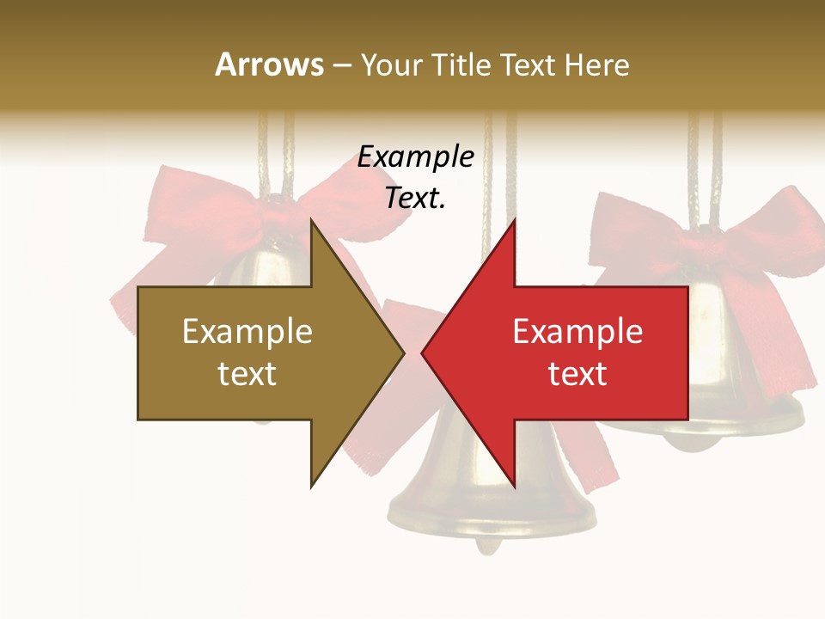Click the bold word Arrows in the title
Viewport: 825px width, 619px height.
pyautogui.click(x=269, y=64)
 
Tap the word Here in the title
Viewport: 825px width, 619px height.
pyautogui.click(x=596, y=64)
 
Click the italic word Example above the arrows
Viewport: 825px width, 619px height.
pyautogui.click(x=416, y=156)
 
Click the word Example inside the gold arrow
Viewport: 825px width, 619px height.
pyautogui.click(x=247, y=332)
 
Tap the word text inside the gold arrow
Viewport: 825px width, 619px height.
pyautogui.click(x=247, y=374)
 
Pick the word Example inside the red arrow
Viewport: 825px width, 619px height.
pyautogui.click(x=577, y=332)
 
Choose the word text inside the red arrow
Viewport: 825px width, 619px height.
pyautogui.click(x=577, y=374)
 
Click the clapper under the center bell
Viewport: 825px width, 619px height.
pyautogui.click(x=489, y=545)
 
